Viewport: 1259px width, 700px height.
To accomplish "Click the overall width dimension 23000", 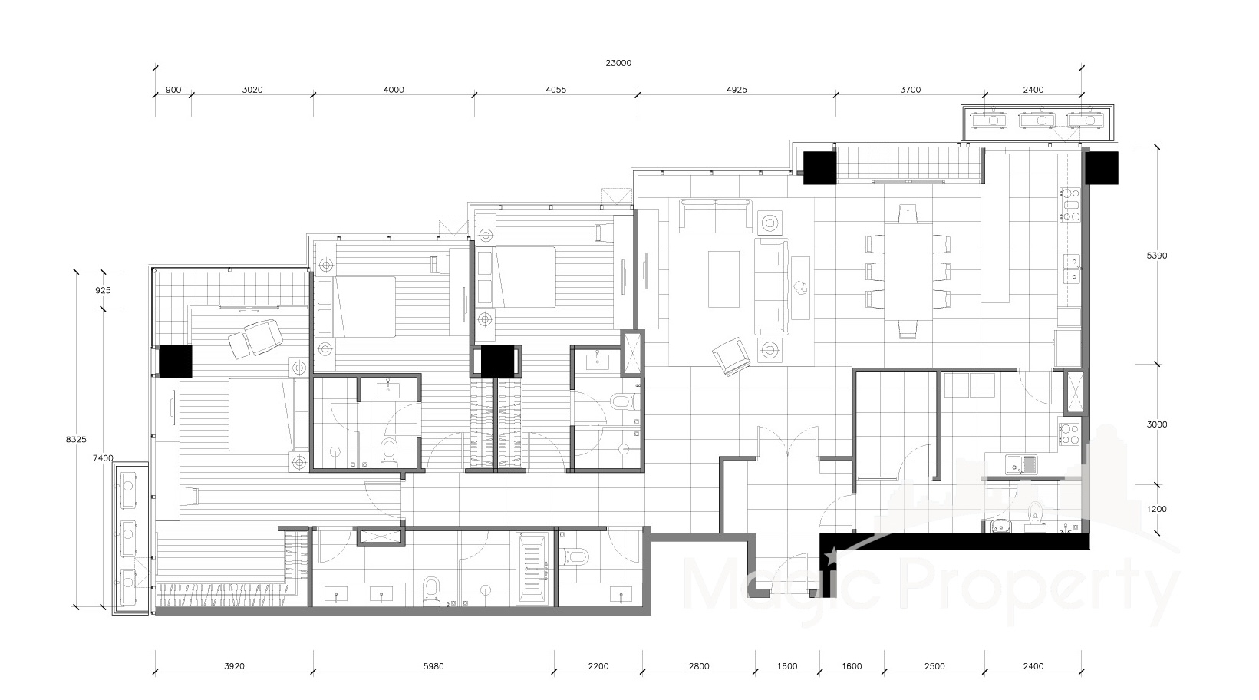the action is (x=618, y=63).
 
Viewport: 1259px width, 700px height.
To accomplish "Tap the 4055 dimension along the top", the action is (x=556, y=89).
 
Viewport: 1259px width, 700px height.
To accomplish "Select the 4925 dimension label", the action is (x=737, y=89).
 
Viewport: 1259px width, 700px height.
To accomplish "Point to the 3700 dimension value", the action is (x=911, y=89).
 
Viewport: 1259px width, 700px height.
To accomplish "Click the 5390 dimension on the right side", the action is (x=1157, y=256).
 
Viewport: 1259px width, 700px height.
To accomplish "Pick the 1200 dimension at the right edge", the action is (x=1157, y=509).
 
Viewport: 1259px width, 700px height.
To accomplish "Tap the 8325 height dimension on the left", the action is (x=76, y=439).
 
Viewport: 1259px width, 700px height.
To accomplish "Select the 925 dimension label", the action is (x=103, y=290).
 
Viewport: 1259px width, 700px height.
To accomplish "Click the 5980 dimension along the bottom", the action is (x=433, y=666).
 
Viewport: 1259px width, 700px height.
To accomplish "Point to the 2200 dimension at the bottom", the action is (x=598, y=666).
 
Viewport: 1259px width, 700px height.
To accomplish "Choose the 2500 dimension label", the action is (x=934, y=666).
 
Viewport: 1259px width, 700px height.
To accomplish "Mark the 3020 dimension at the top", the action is (x=252, y=89).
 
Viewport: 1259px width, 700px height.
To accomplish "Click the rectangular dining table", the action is (x=908, y=272).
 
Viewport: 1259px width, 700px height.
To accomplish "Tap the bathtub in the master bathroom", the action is (x=532, y=569).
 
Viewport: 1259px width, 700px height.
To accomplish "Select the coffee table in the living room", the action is (x=723, y=279).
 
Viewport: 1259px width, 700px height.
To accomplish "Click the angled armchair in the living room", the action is (x=731, y=356).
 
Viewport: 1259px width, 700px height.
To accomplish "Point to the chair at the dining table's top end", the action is (x=908, y=213).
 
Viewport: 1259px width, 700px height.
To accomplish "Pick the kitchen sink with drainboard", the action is (x=1021, y=465).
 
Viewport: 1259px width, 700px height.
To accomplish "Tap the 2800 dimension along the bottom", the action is (x=699, y=666).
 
